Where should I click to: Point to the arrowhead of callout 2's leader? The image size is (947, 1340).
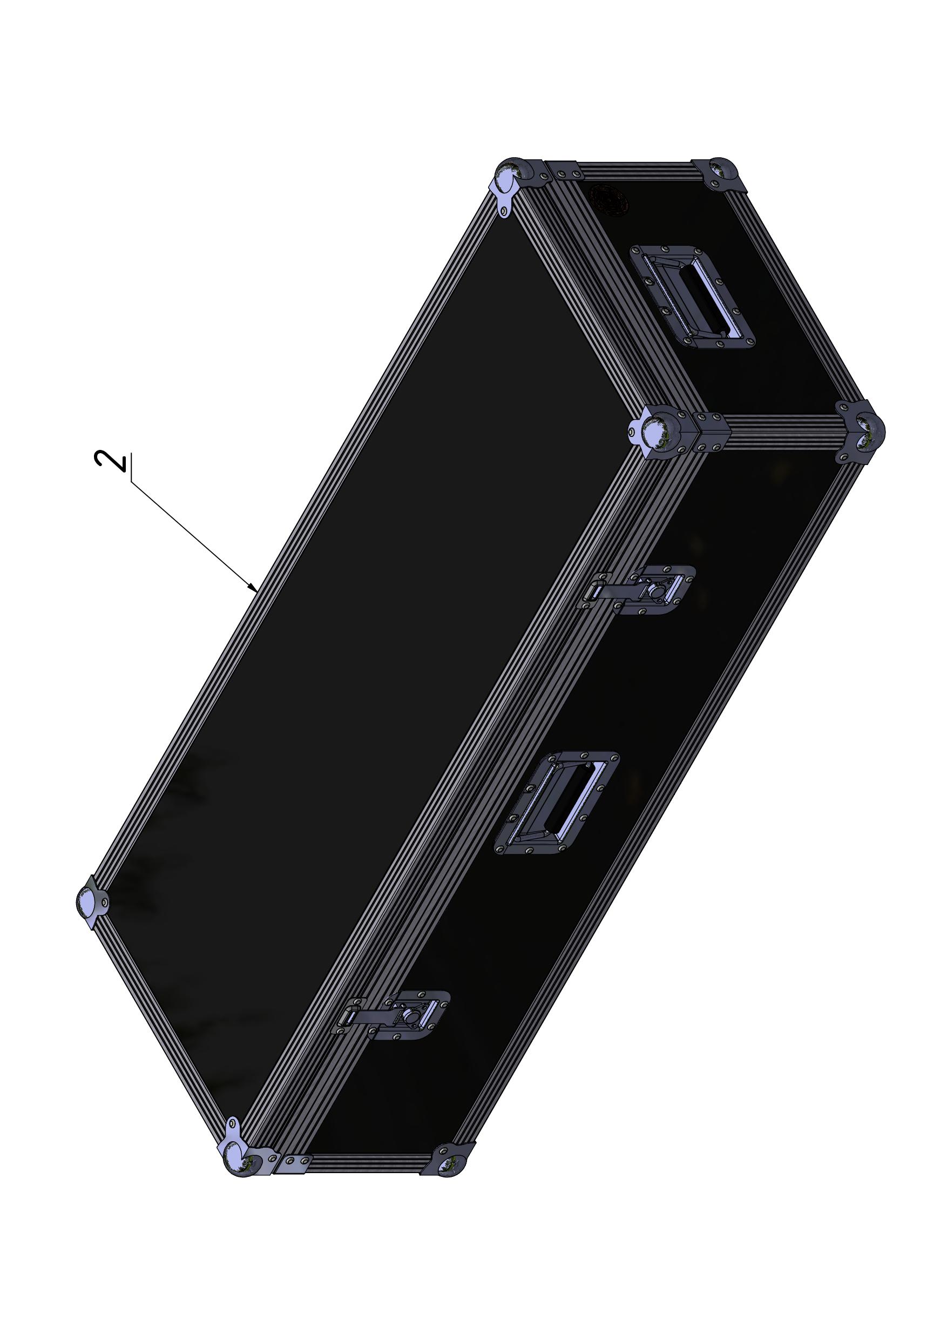point(253,588)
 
